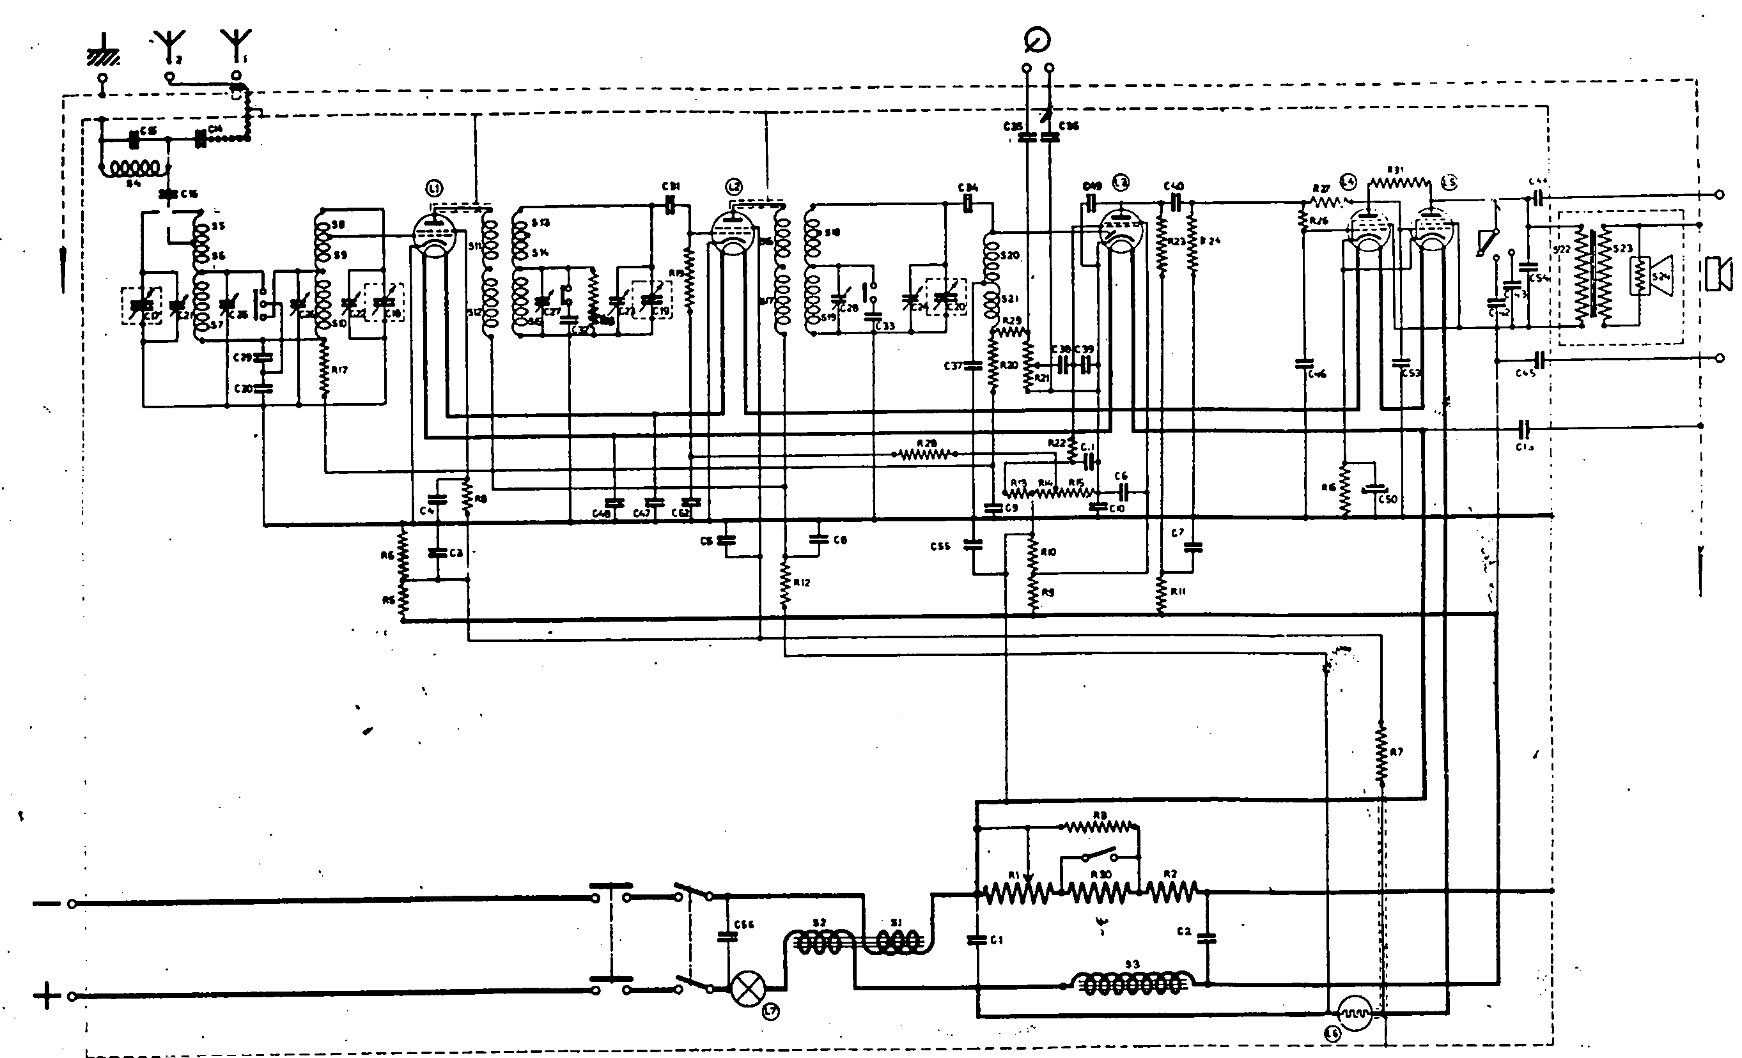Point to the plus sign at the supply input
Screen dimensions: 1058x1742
pyautogui.click(x=47, y=997)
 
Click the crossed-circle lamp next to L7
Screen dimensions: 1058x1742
pyautogui.click(x=747, y=988)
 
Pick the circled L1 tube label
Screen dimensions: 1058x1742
pyautogui.click(x=434, y=188)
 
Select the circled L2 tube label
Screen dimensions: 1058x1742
pyautogui.click(x=734, y=187)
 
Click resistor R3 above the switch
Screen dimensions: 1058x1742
pyautogui.click(x=1100, y=826)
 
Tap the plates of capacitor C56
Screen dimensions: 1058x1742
pyautogui.click(x=727, y=936)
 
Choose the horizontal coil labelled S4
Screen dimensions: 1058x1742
pyautogui.click(x=134, y=169)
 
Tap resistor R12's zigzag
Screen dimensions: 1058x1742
pyautogui.click(x=785, y=583)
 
